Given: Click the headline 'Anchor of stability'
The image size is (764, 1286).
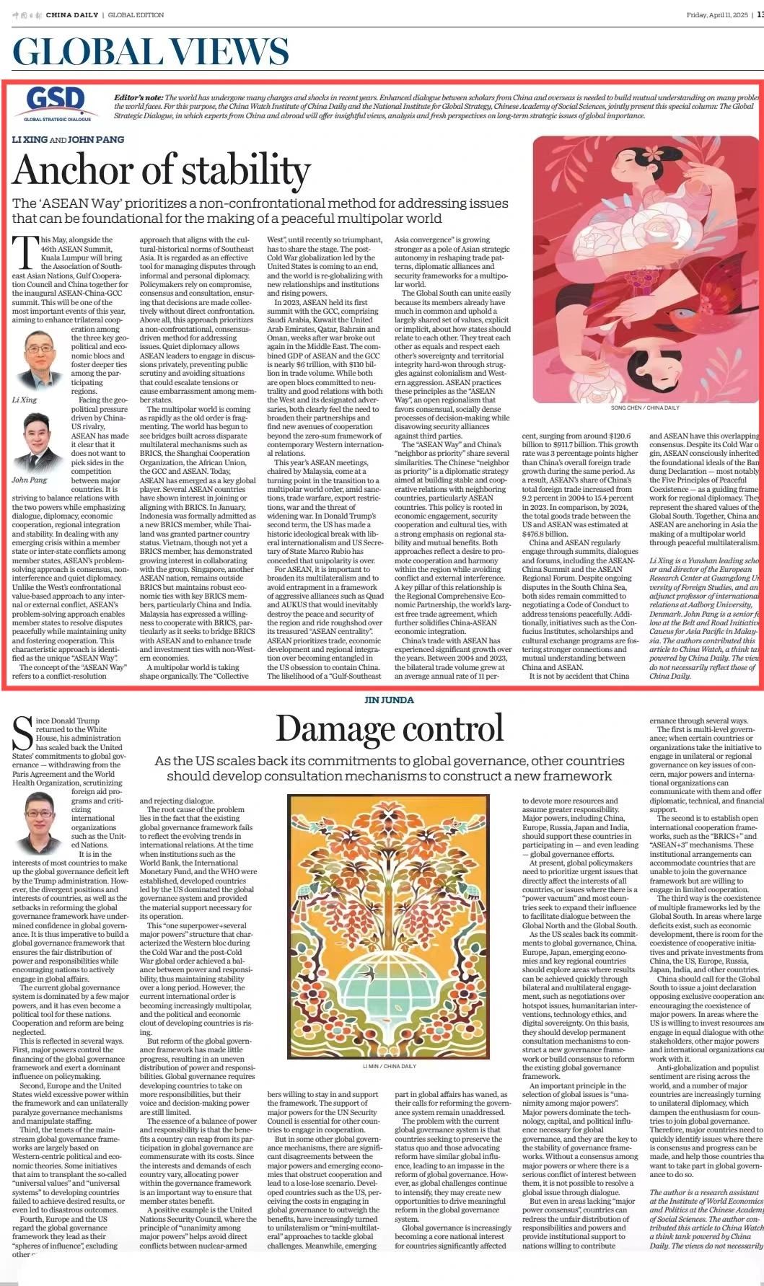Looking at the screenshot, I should [x=162, y=170].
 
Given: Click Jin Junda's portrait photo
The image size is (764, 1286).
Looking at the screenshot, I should [x=42, y=822].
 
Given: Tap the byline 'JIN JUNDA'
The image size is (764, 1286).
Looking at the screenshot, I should [x=388, y=700].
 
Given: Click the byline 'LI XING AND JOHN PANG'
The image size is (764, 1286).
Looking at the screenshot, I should [x=68, y=139].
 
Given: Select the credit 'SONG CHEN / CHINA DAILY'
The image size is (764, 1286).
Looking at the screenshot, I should [x=644, y=408].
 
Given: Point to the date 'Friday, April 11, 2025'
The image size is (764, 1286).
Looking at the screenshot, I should [x=718, y=14].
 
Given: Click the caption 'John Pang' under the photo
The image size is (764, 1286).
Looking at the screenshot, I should [x=29, y=480].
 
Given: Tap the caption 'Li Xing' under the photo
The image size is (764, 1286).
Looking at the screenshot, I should [x=25, y=399].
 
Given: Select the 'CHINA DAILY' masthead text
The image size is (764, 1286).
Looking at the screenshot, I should [x=72, y=14].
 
